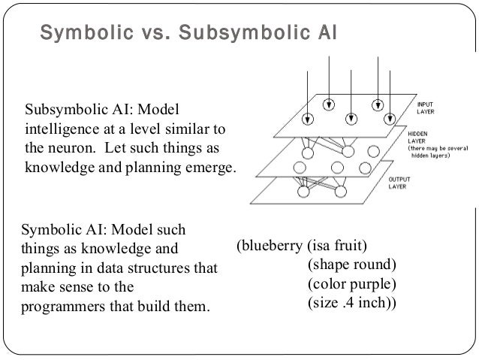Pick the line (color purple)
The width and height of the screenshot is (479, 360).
pyautogui.click(x=351, y=285)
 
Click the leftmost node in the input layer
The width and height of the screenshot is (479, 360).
pyautogui.click(x=307, y=118)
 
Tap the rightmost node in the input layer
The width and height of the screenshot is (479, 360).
pyautogui.click(x=389, y=118)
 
